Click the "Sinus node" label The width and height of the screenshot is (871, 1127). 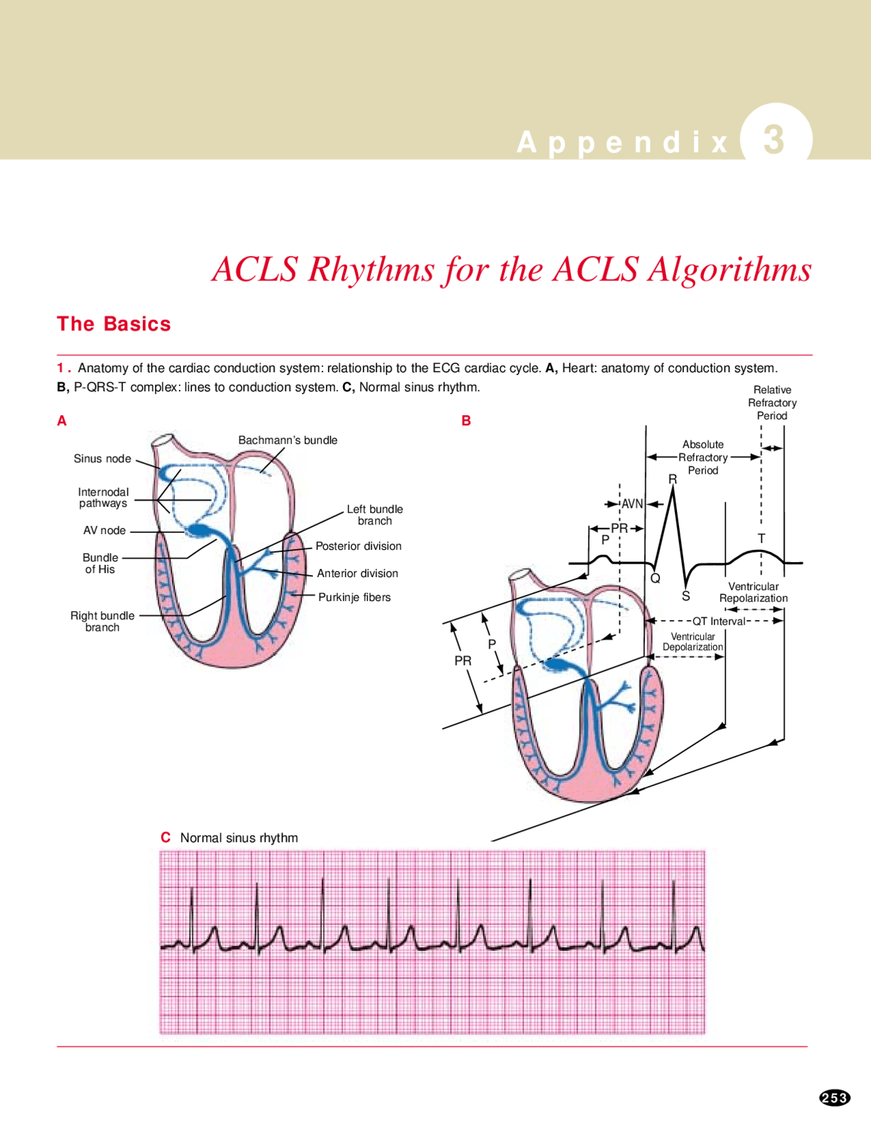(x=102, y=459)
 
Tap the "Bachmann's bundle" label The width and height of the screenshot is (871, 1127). (x=288, y=440)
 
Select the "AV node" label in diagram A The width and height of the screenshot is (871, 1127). (x=104, y=530)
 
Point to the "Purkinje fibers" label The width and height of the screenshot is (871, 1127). (x=355, y=598)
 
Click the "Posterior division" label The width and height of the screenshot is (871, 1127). (x=359, y=546)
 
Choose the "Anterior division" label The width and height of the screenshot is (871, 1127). (x=357, y=573)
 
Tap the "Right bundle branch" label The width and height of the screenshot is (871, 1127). (x=102, y=621)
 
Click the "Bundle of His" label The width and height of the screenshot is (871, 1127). (x=100, y=563)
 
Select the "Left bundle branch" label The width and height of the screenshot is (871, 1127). (x=375, y=514)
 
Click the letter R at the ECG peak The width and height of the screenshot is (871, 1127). (x=673, y=479)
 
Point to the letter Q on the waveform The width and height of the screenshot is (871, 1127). (x=655, y=578)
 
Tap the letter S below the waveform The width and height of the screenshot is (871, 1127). (x=686, y=596)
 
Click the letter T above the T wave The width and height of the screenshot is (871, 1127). (x=761, y=538)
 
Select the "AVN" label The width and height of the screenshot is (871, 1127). (x=632, y=504)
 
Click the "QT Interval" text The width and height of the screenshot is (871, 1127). (x=719, y=621)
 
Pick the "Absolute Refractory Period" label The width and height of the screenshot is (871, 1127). (x=703, y=457)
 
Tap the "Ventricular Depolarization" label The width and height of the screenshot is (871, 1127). (x=693, y=642)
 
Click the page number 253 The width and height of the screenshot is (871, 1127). (x=834, y=1098)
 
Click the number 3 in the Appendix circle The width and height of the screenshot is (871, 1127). (x=774, y=140)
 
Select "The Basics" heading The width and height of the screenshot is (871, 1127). (x=114, y=324)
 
